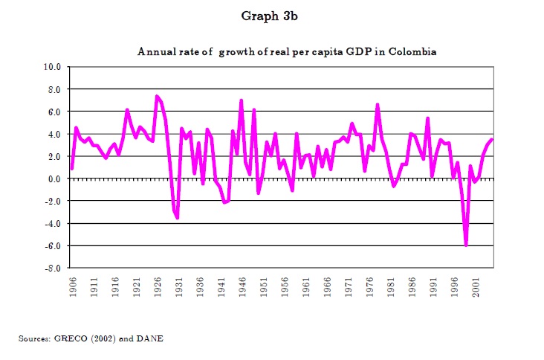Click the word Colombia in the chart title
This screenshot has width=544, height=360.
(410, 52)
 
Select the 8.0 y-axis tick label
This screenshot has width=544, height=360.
(53, 89)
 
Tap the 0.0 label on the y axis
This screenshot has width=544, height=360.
(53, 179)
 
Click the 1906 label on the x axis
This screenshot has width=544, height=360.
(72, 289)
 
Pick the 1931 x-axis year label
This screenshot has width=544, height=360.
(178, 289)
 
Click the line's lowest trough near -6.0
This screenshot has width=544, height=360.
(466, 245)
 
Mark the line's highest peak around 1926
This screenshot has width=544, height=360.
(156, 96)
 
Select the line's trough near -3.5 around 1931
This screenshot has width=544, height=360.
(178, 218)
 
